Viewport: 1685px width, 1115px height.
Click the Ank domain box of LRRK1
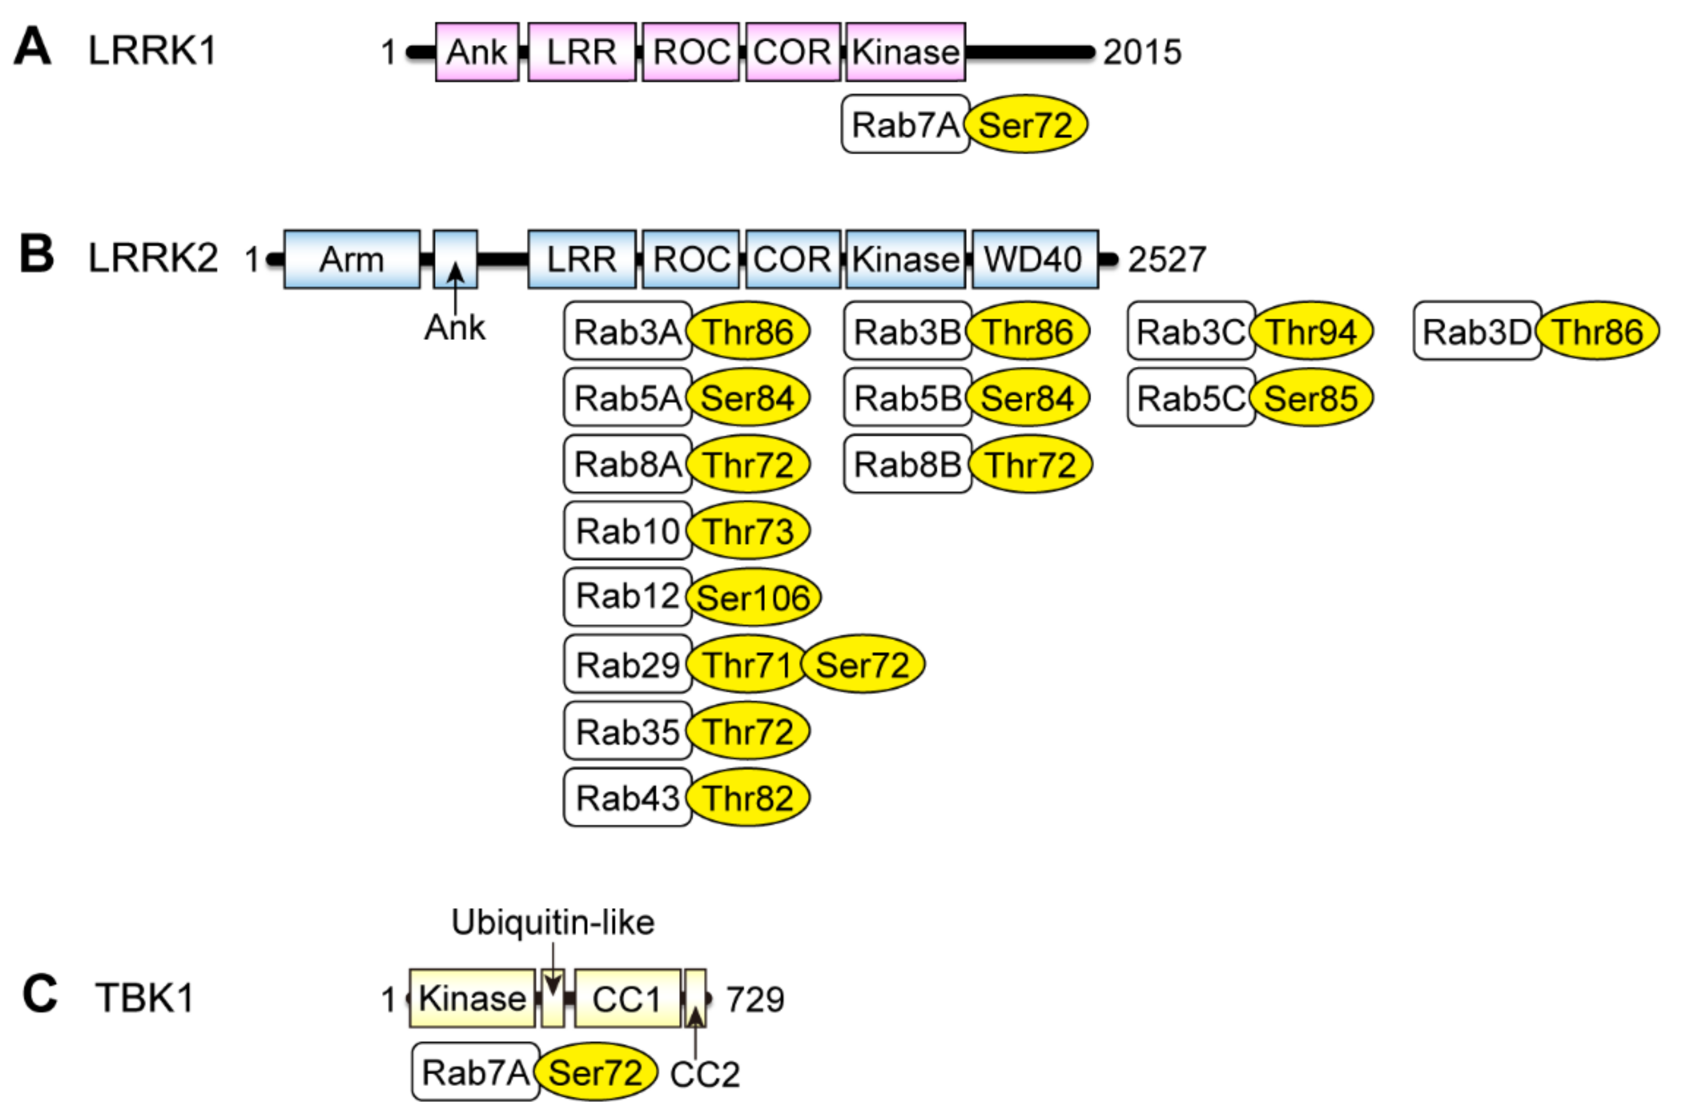[x=476, y=52]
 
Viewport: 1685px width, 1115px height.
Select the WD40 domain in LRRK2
[x=1034, y=259]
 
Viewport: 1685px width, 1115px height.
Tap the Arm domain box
[x=351, y=259]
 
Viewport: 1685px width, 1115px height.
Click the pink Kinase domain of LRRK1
[x=905, y=52]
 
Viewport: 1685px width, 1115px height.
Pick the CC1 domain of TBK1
[x=627, y=999]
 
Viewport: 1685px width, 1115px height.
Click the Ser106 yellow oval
[x=753, y=597]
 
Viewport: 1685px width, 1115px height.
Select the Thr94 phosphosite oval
[x=1311, y=331]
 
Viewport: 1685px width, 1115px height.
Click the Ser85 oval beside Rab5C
[x=1311, y=397]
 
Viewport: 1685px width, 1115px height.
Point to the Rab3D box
[x=1477, y=331]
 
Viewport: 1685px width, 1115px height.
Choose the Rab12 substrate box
[x=627, y=596]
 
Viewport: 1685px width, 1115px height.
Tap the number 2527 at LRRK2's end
[x=1166, y=260]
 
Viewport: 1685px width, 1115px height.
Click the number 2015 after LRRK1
[x=1142, y=53]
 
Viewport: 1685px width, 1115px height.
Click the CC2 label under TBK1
[x=704, y=1074]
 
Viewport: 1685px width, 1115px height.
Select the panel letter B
[x=37, y=255]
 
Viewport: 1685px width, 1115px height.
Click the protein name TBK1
[x=144, y=997]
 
